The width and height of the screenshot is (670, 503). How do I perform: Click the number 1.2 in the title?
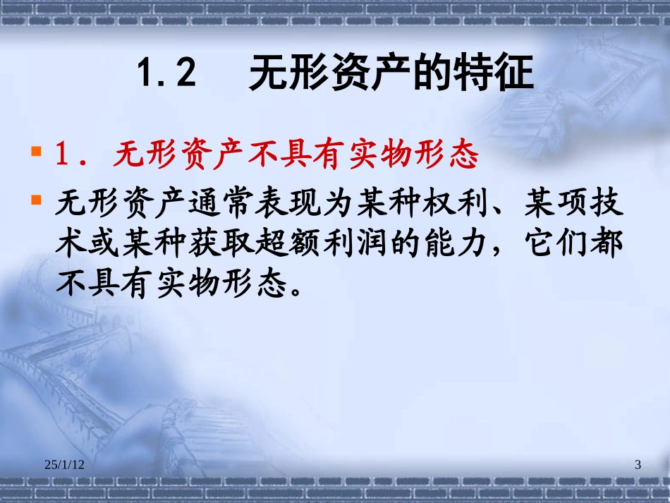(166, 74)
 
